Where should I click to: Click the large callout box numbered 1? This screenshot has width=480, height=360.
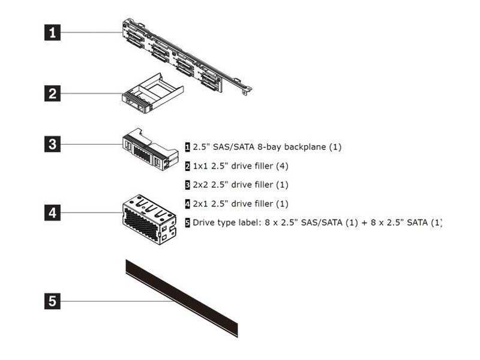pyautogui.click(x=53, y=31)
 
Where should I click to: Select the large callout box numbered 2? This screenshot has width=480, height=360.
pyautogui.click(x=53, y=93)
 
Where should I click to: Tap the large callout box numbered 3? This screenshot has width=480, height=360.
pyautogui.click(x=53, y=144)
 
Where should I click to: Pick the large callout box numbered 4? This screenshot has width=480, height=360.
pyautogui.click(x=53, y=212)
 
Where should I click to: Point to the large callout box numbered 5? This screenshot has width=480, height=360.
pyautogui.click(x=53, y=301)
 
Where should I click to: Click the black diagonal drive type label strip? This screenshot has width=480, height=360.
pyautogui.click(x=180, y=297)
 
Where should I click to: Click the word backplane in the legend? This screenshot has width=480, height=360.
pyautogui.click(x=303, y=146)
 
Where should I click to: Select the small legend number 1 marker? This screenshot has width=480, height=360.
pyautogui.click(x=188, y=146)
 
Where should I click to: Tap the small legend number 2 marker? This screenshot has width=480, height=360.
pyautogui.click(x=188, y=166)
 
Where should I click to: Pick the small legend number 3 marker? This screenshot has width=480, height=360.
pyautogui.click(x=188, y=185)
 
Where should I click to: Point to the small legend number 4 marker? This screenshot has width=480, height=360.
pyautogui.click(x=188, y=204)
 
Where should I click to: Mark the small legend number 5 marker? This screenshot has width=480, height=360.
pyautogui.click(x=188, y=223)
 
